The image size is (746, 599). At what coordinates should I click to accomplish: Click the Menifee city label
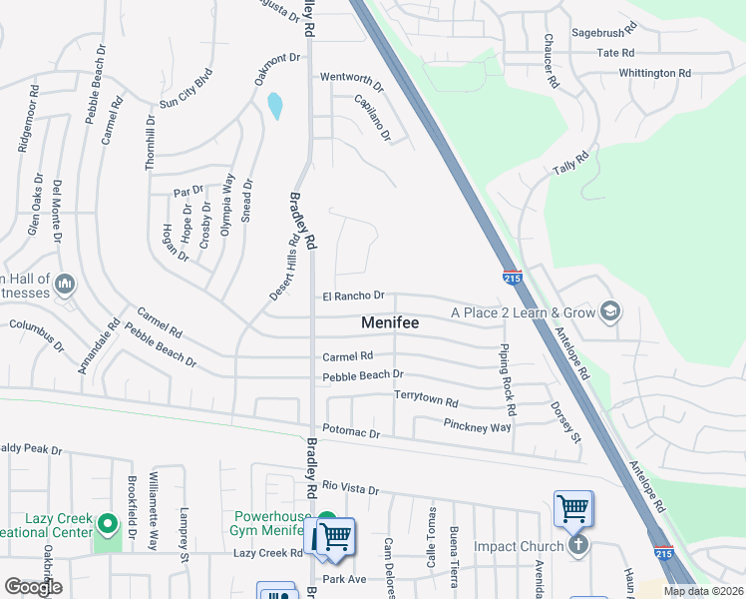pyautogui.click(x=389, y=323)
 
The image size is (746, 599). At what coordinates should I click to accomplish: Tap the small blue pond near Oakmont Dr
pyautogui.click(x=274, y=105)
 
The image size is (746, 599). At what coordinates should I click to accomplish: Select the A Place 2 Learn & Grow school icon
pyautogui.click(x=609, y=312)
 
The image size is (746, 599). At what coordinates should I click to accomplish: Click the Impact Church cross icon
pyautogui.click(x=577, y=546)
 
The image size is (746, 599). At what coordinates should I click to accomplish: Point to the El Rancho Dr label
pyautogui.click(x=353, y=297)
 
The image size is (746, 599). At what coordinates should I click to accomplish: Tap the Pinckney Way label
pyautogui.click(x=477, y=426)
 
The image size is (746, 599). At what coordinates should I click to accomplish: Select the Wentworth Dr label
pyautogui.click(x=351, y=77)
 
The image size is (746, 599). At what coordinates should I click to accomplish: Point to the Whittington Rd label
pyautogui.click(x=654, y=73)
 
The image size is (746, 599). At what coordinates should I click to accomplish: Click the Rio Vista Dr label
pyautogui.click(x=351, y=489)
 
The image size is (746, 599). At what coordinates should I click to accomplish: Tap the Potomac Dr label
pyautogui.click(x=351, y=433)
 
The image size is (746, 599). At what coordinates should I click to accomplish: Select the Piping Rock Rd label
pyautogui.click(x=509, y=380)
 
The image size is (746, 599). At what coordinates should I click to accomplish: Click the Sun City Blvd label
pyautogui.click(x=186, y=88)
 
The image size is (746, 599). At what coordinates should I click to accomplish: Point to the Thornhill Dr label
pyautogui.click(x=150, y=142)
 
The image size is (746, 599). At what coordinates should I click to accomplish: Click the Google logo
pyautogui.click(x=33, y=587)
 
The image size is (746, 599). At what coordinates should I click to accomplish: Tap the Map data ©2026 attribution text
pyautogui.click(x=702, y=591)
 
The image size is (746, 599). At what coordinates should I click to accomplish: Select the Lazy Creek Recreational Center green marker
pyautogui.click(x=108, y=522)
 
